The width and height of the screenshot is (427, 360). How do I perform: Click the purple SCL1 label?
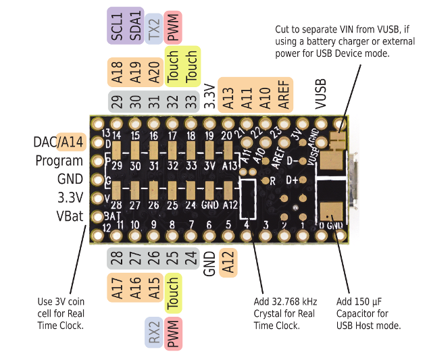point(117,26)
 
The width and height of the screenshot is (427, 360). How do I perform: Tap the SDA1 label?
point(135,26)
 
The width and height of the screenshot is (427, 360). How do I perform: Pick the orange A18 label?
point(117,72)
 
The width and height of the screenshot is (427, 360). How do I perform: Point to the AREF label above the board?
point(284,95)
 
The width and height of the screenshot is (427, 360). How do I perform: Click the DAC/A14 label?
point(58,142)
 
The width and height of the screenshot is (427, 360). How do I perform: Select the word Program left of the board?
point(59,161)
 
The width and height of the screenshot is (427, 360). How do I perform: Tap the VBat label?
point(70,216)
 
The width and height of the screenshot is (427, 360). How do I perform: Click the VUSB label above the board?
point(320,94)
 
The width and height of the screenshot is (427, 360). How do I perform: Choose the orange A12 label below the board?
point(228,263)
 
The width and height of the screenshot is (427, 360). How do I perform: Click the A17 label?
point(117,288)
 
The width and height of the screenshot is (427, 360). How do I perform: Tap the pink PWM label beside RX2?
point(173,334)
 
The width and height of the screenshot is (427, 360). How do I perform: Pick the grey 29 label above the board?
point(117,101)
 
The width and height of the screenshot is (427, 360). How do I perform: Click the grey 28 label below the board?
point(117,259)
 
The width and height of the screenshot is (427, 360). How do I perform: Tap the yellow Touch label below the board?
point(173,293)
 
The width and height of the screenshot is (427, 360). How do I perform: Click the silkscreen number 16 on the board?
point(153,135)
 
